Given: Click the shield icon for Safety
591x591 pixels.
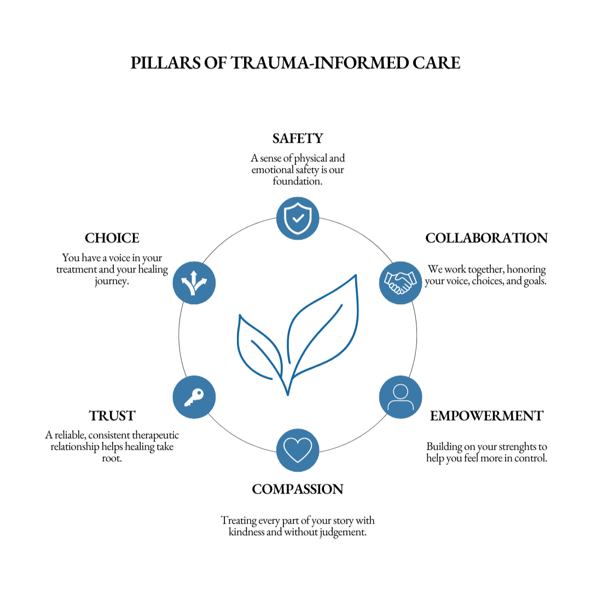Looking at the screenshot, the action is click(298, 218).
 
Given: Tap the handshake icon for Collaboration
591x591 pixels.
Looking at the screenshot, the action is click(401, 283).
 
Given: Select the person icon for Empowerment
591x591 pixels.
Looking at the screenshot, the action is click(401, 397).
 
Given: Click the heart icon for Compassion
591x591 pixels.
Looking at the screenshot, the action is click(298, 450).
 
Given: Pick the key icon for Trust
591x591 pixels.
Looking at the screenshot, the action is click(194, 397).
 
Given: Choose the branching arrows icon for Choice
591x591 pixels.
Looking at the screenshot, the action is click(194, 283).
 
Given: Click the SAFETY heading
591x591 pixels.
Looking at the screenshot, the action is click(298, 138).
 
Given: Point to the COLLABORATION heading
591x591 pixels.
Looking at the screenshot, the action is click(486, 238).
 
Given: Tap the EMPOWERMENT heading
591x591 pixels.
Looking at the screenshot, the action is click(486, 416).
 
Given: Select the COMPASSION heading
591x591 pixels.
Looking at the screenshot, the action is click(298, 489).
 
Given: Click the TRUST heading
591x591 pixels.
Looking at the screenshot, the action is click(112, 416).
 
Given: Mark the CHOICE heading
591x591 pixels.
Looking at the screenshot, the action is click(112, 238).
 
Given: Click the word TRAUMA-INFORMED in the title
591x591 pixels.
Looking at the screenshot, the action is click(320, 63).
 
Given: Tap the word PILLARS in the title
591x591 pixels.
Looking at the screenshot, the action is click(165, 63).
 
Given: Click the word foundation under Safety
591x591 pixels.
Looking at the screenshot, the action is click(297, 181).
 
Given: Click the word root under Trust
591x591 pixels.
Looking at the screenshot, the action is click(111, 459).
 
